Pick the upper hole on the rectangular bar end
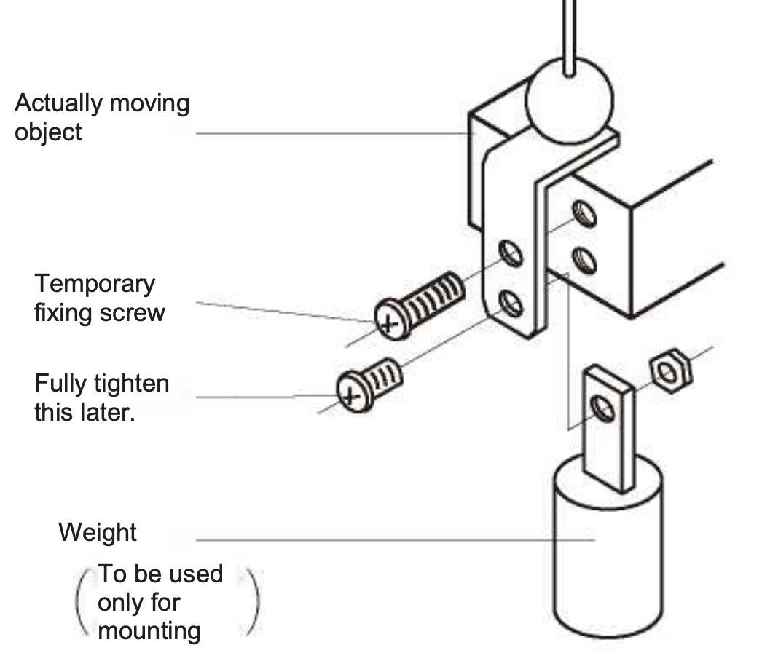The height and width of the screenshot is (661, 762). click(584, 214)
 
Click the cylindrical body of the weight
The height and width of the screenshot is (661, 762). click(608, 553)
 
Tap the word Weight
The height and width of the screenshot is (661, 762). click(97, 533)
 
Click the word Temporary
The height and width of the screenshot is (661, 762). click(95, 284)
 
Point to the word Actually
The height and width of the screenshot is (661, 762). click(58, 103)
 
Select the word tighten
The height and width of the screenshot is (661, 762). click(133, 383)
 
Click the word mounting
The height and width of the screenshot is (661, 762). click(149, 630)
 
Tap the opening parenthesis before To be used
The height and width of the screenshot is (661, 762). click(82, 601)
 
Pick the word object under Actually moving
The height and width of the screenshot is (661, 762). click(48, 133)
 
